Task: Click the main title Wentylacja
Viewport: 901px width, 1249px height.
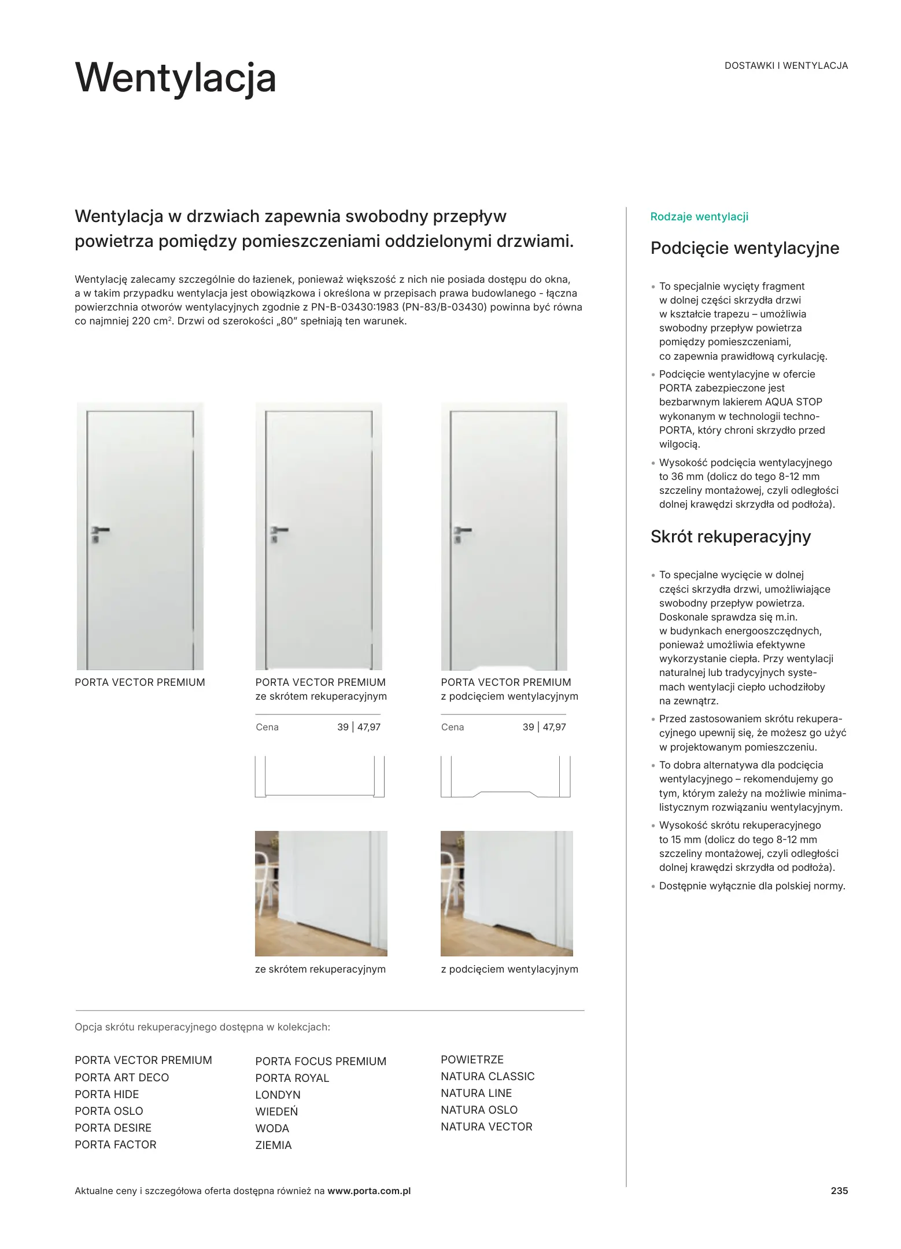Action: tap(175, 78)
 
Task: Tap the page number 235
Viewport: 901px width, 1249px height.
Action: tap(839, 1191)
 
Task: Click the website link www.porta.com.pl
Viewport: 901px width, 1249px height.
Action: tap(369, 1191)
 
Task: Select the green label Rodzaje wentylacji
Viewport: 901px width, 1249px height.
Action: tap(699, 217)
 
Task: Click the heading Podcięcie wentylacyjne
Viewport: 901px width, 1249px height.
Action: tap(744, 248)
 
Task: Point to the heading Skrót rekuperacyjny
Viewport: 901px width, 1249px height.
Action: tap(730, 537)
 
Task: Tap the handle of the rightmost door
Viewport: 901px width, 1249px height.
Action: tap(462, 530)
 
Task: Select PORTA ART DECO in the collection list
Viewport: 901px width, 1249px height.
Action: tap(122, 1077)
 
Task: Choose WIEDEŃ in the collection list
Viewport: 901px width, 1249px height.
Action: tap(276, 1111)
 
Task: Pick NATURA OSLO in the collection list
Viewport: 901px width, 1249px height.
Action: tap(479, 1110)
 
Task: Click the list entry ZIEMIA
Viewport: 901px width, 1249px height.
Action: tap(274, 1145)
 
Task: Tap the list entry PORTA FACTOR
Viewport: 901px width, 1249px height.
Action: tap(116, 1144)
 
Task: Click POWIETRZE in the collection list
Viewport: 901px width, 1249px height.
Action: tap(472, 1059)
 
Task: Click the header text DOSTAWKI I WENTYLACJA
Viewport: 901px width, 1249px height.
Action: tap(786, 66)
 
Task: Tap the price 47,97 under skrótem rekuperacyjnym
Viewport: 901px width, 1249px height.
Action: tap(369, 727)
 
